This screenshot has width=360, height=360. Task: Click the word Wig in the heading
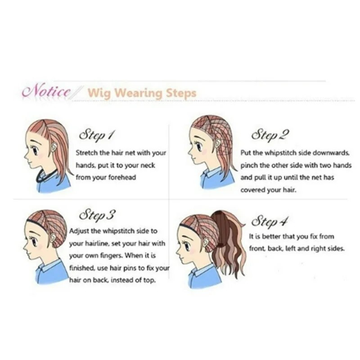pyautogui.click(x=99, y=94)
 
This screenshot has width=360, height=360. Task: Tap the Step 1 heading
pyautogui.click(x=96, y=135)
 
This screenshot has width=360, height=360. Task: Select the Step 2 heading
pyautogui.click(x=270, y=135)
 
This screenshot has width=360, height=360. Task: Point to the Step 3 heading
pyautogui.click(x=97, y=215)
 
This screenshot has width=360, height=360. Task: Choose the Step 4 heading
pyautogui.click(x=269, y=221)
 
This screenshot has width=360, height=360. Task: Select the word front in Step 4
pyautogui.click(x=256, y=248)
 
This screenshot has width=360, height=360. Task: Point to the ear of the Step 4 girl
pyautogui.click(x=206, y=243)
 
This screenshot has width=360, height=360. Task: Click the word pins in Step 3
pyautogui.click(x=130, y=268)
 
